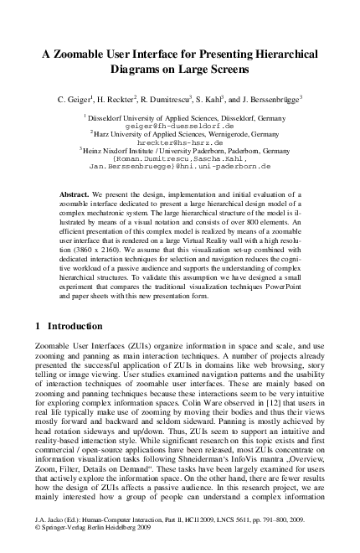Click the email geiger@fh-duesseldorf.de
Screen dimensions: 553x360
coord(180,124)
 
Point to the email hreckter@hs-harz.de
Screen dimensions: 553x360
coord(180,142)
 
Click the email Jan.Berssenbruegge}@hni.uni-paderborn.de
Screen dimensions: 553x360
coord(180,167)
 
